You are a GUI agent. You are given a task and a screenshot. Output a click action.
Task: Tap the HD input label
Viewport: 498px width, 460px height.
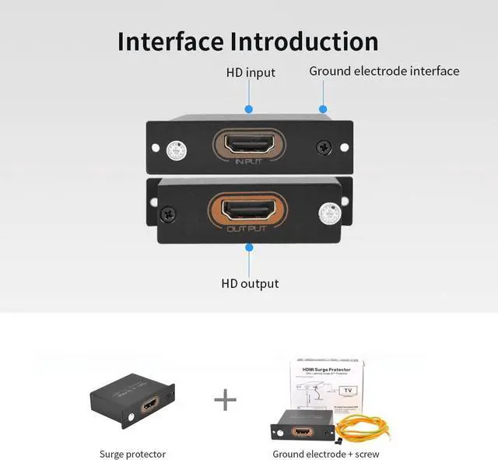pos(251,72)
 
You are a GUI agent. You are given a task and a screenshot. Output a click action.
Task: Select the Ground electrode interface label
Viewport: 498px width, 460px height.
pos(384,71)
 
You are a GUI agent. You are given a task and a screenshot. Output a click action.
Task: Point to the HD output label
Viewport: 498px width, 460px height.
pos(250,283)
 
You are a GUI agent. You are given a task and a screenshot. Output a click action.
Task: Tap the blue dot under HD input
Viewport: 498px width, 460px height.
pos(249,110)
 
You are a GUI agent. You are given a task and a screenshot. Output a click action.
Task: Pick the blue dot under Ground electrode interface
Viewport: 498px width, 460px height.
pos(323,110)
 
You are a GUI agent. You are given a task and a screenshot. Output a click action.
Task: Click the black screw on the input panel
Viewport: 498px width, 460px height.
pos(322,146)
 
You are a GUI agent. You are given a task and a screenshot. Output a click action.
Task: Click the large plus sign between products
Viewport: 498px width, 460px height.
pos(225,400)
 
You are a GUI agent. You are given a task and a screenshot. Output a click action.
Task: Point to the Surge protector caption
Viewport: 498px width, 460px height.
pos(132,454)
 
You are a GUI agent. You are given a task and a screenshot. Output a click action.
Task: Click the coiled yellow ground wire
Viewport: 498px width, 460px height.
pos(366,420)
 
